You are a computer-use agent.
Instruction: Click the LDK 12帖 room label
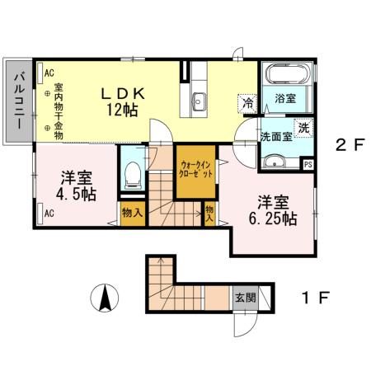click(x=124, y=101)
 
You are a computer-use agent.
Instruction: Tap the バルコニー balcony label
click(x=17, y=100)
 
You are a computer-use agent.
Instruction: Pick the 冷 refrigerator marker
click(x=247, y=103)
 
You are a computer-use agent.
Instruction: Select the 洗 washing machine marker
click(x=303, y=127)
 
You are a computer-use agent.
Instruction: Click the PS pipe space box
click(x=308, y=164)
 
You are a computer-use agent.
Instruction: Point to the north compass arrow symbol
click(x=106, y=297)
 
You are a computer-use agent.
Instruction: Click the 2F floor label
click(x=349, y=145)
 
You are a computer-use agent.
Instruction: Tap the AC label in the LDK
click(x=49, y=72)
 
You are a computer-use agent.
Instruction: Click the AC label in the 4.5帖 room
click(x=49, y=213)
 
